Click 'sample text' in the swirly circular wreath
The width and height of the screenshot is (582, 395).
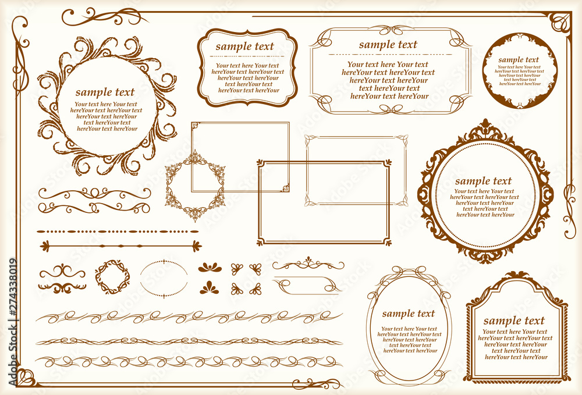[105, 92]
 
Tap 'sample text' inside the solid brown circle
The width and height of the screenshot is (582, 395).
[519, 60]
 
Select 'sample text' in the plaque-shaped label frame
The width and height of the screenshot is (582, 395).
[244, 47]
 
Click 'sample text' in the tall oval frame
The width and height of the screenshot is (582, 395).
[409, 314]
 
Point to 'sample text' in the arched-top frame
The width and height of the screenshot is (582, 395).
[514, 321]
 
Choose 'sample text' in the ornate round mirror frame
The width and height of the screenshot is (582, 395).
[483, 182]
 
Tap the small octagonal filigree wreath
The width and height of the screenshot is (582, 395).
[195, 186]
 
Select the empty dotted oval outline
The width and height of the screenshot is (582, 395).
[164, 261]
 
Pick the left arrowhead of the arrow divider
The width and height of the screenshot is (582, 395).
[45, 246]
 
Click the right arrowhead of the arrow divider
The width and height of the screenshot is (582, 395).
[197, 246]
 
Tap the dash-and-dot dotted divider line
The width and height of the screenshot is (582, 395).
[118, 232]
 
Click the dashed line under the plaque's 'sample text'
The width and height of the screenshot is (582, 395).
[247, 56]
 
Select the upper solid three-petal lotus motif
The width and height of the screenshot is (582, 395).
[210, 267]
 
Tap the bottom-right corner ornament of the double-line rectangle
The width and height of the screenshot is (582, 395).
[388, 243]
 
